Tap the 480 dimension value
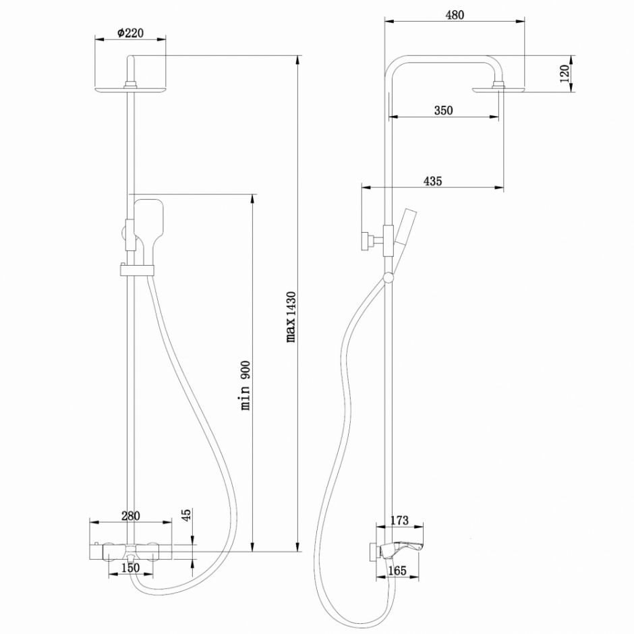[455, 16]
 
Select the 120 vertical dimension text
[565, 72]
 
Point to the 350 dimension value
[443, 110]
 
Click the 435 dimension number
[432, 181]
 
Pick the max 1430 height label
[291, 316]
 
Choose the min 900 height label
[247, 386]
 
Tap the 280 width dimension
[130, 516]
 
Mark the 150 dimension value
[131, 568]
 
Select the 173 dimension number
[400, 520]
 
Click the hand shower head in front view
[148, 223]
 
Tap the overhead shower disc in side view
[500, 90]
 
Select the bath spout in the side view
[403, 548]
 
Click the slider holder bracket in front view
[138, 270]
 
